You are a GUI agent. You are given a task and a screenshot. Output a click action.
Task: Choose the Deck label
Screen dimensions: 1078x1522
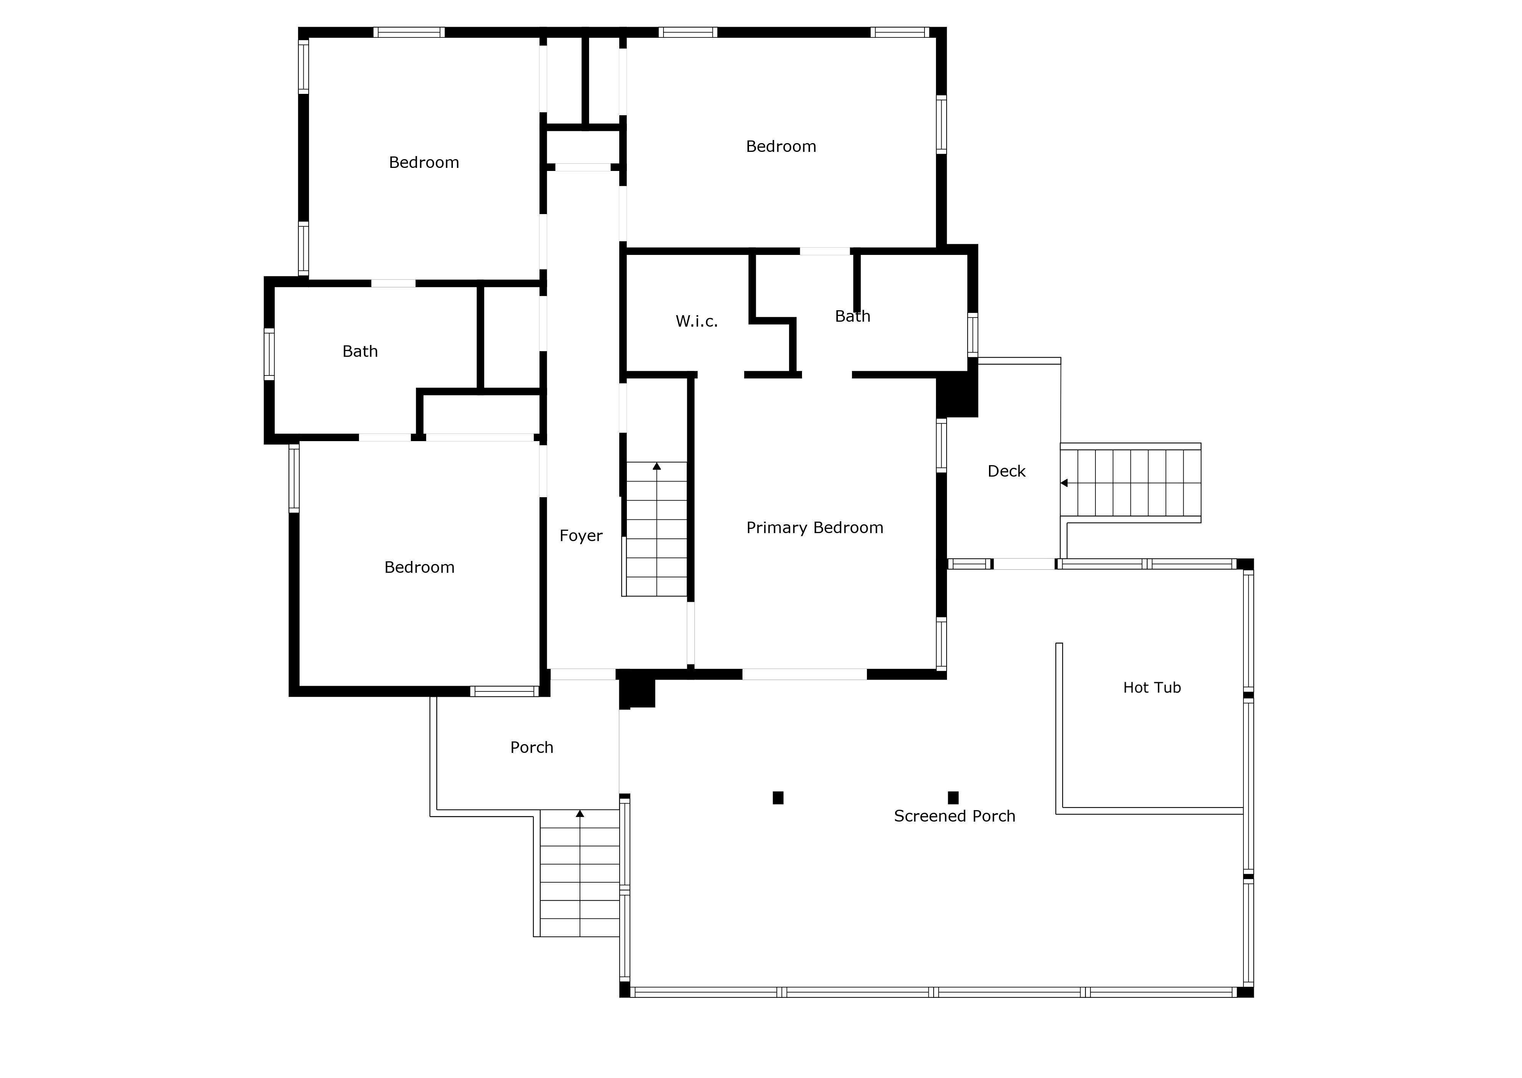tap(1006, 471)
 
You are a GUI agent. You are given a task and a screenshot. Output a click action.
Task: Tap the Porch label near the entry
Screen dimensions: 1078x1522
tap(531, 748)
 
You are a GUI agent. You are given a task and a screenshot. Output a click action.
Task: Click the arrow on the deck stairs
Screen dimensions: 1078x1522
tap(1064, 483)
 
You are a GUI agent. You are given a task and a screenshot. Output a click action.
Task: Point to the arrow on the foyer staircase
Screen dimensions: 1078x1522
tap(657, 467)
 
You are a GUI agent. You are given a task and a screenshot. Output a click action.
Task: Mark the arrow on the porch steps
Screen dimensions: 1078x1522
tap(580, 814)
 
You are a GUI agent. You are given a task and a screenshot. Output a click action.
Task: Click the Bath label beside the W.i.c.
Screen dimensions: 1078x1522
tap(852, 317)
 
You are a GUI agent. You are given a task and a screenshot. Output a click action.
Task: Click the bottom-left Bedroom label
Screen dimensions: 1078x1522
tap(419, 567)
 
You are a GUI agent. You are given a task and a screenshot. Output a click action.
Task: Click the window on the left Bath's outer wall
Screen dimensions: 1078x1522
tap(269, 354)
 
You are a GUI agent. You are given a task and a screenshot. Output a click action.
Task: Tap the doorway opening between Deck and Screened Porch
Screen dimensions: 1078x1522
tap(1024, 564)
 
